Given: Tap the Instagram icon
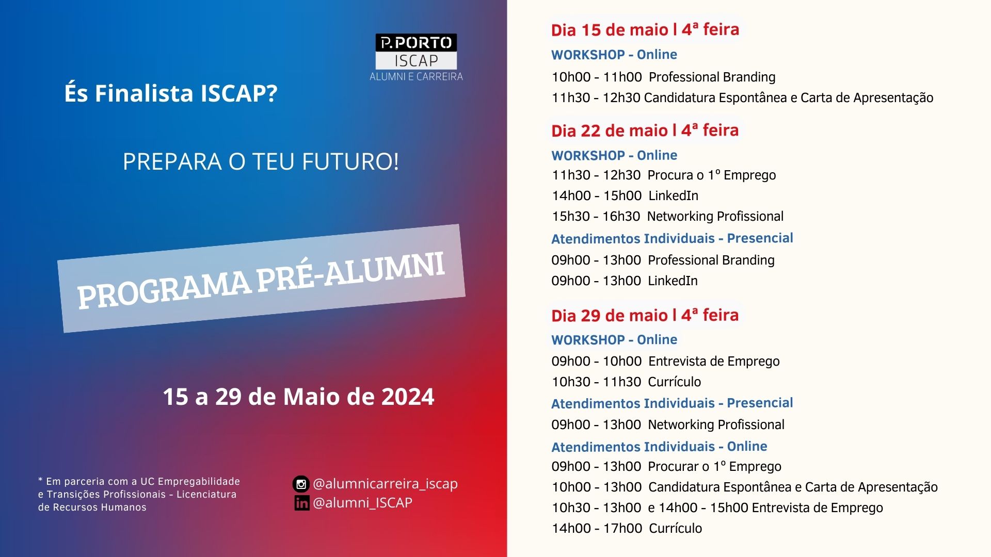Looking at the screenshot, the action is point(301,484).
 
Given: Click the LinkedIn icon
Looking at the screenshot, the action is point(302,503).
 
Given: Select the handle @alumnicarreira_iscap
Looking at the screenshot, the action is point(385,484).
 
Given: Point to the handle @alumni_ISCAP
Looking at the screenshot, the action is point(362,503).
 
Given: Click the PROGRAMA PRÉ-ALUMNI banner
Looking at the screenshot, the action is point(261,278).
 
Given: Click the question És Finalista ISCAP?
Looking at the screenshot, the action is point(171,93).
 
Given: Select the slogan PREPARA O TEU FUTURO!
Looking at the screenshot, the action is point(261,161).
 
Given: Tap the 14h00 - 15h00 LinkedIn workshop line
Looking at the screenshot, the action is point(625,196).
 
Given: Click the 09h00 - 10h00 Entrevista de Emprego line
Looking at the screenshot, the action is point(665,362).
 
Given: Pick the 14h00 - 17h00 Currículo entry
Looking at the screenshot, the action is point(627,528).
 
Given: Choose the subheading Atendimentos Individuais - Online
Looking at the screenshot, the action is point(659,447).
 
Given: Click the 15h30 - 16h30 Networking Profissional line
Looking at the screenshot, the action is point(667,217).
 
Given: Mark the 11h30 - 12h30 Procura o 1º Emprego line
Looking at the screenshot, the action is point(664,175).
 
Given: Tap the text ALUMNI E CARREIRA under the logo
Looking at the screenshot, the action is point(416,77).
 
